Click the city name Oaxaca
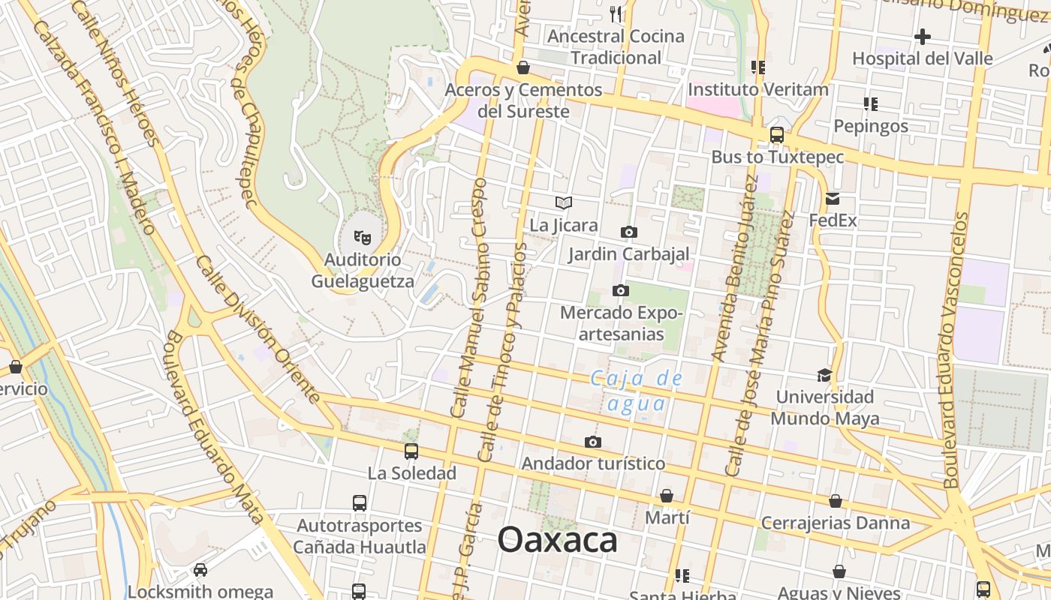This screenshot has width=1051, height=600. coord(557,540)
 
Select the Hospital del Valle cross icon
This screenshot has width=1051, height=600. coord(923,36)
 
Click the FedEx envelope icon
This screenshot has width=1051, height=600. coord(833,199)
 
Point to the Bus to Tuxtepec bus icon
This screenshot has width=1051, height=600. coord(777,136)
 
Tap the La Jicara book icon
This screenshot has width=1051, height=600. coord(564,202)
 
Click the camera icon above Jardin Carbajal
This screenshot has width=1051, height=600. coord(629,232)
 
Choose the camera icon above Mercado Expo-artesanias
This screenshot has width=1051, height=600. coord(620,290)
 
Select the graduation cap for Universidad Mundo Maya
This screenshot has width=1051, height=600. coord(824,375)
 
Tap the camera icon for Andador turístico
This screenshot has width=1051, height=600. coord(593,442)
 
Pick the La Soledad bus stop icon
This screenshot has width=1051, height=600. coord(411,451)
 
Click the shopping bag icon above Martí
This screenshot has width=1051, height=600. coord(667,496)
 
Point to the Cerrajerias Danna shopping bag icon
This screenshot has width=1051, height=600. coord(836,501)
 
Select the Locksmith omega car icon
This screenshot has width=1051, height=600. coord(200,570)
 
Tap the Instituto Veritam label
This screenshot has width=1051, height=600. coord(758,89)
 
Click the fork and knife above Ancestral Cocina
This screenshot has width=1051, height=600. coord(616,13)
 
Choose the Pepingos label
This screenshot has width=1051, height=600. coord(871,126)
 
